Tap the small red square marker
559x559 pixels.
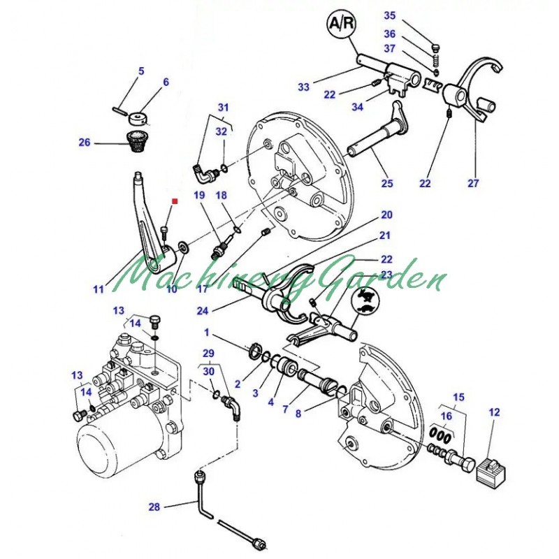[x=175, y=202]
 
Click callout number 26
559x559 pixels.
[x=85, y=143]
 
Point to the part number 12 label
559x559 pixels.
[x=494, y=412]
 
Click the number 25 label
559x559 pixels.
[x=387, y=184]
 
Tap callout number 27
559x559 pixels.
[x=474, y=184]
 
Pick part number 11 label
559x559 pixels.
[x=99, y=287]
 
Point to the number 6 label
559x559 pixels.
[x=166, y=82]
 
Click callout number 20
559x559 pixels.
[x=386, y=215]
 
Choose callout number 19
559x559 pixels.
[x=198, y=196]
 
